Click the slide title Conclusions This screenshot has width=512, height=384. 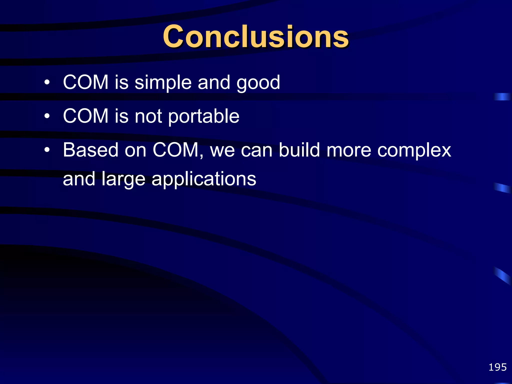tap(255, 37)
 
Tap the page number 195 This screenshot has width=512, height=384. tap(497, 367)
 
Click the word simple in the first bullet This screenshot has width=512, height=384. tap(163, 82)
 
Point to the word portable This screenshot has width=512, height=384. tap(203, 116)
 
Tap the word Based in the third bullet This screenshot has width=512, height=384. tap(90, 150)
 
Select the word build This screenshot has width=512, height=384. tap(299, 150)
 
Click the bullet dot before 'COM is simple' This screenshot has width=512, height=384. tap(47, 82)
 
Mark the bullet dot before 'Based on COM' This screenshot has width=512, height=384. tap(47, 150)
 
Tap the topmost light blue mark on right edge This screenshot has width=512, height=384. tap(502, 97)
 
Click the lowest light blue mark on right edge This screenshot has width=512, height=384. tap(502, 276)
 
